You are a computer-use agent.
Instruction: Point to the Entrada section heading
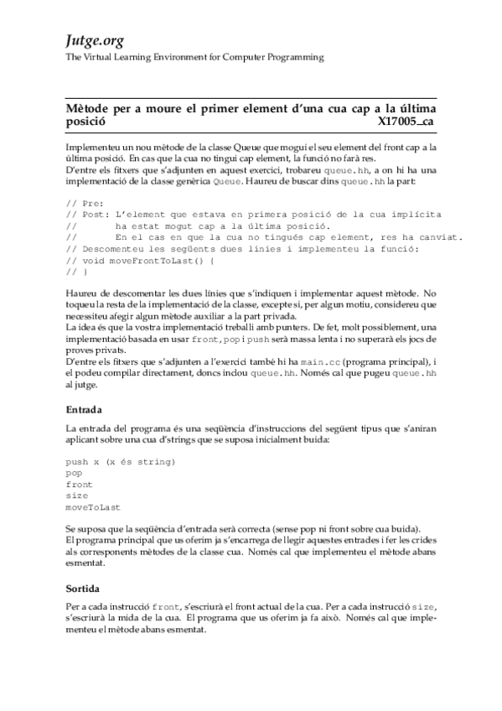click(84, 410)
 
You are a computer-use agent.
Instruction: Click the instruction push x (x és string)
click(120, 461)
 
